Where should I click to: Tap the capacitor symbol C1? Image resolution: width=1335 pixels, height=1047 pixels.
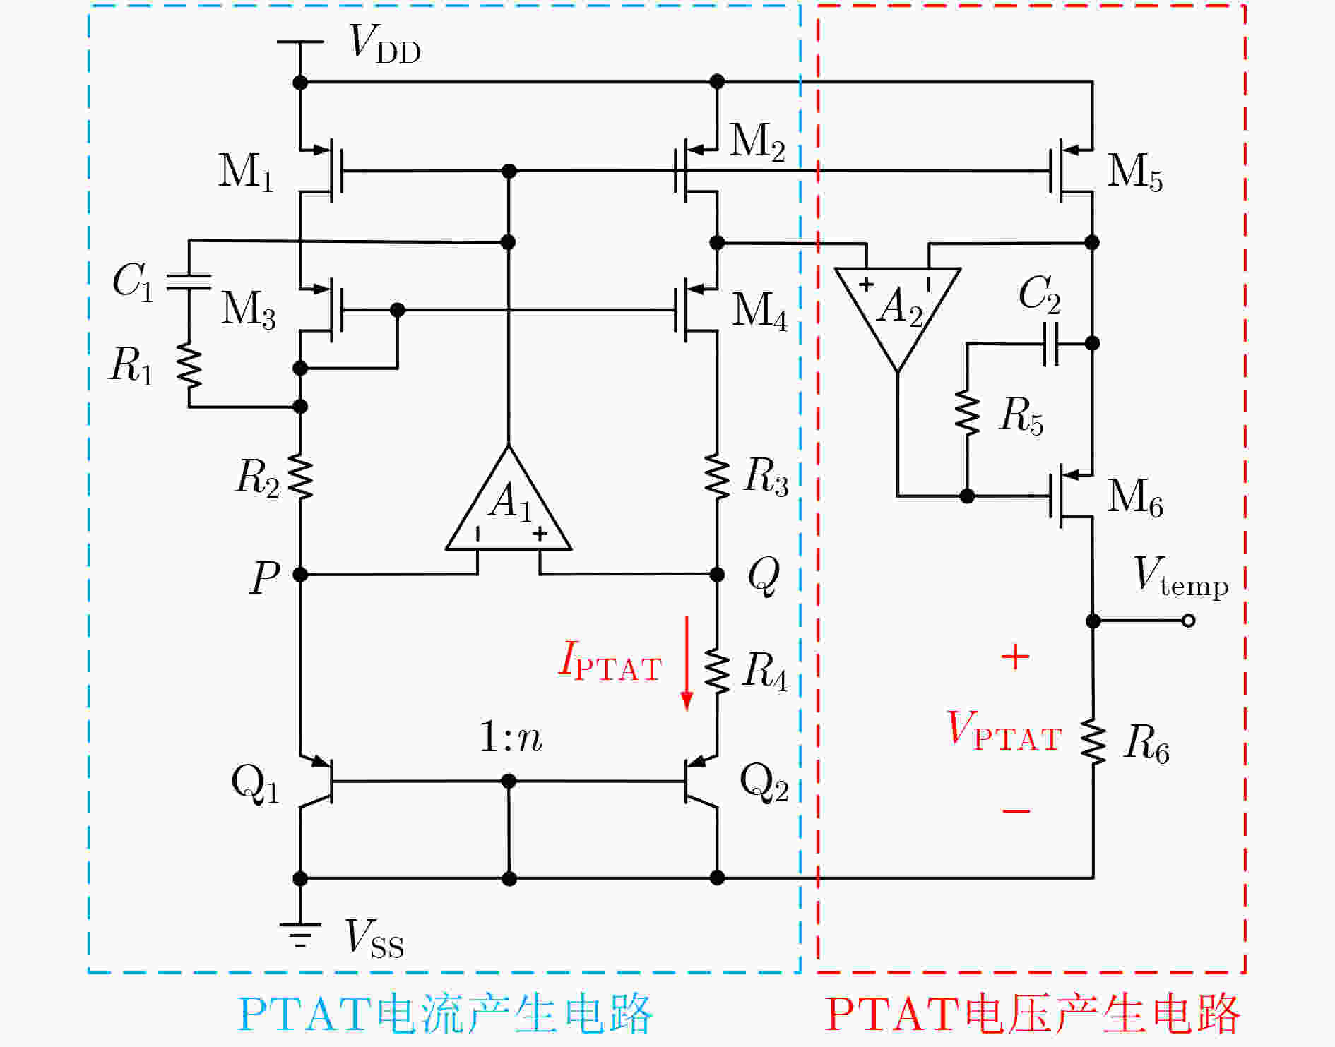pos(189,282)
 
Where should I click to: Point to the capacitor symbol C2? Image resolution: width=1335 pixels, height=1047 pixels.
pos(1050,344)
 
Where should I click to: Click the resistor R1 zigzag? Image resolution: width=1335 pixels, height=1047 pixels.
pos(189,366)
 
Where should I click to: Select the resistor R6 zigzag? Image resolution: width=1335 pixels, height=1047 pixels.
pos(1093,741)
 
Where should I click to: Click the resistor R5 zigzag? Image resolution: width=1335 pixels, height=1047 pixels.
pos(967,412)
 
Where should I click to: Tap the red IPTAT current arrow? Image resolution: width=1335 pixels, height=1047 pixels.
pos(686,662)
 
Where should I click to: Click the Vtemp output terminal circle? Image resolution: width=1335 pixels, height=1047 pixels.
pos(1189,621)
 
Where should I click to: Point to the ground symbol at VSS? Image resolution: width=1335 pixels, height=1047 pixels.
pos(300,934)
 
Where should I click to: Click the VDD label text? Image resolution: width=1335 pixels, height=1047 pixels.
pos(386,44)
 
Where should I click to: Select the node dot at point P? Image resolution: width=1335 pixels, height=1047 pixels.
pos(300,575)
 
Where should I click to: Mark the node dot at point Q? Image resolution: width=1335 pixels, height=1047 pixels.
pos(717,574)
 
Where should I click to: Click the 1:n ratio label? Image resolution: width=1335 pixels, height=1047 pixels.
pos(511,737)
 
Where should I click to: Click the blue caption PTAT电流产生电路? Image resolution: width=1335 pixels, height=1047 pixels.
pos(445,1013)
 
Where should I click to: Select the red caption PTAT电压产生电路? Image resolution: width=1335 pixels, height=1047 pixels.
pos(1032,1013)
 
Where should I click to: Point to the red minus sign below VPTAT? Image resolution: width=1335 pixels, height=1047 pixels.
pos(1016,810)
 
